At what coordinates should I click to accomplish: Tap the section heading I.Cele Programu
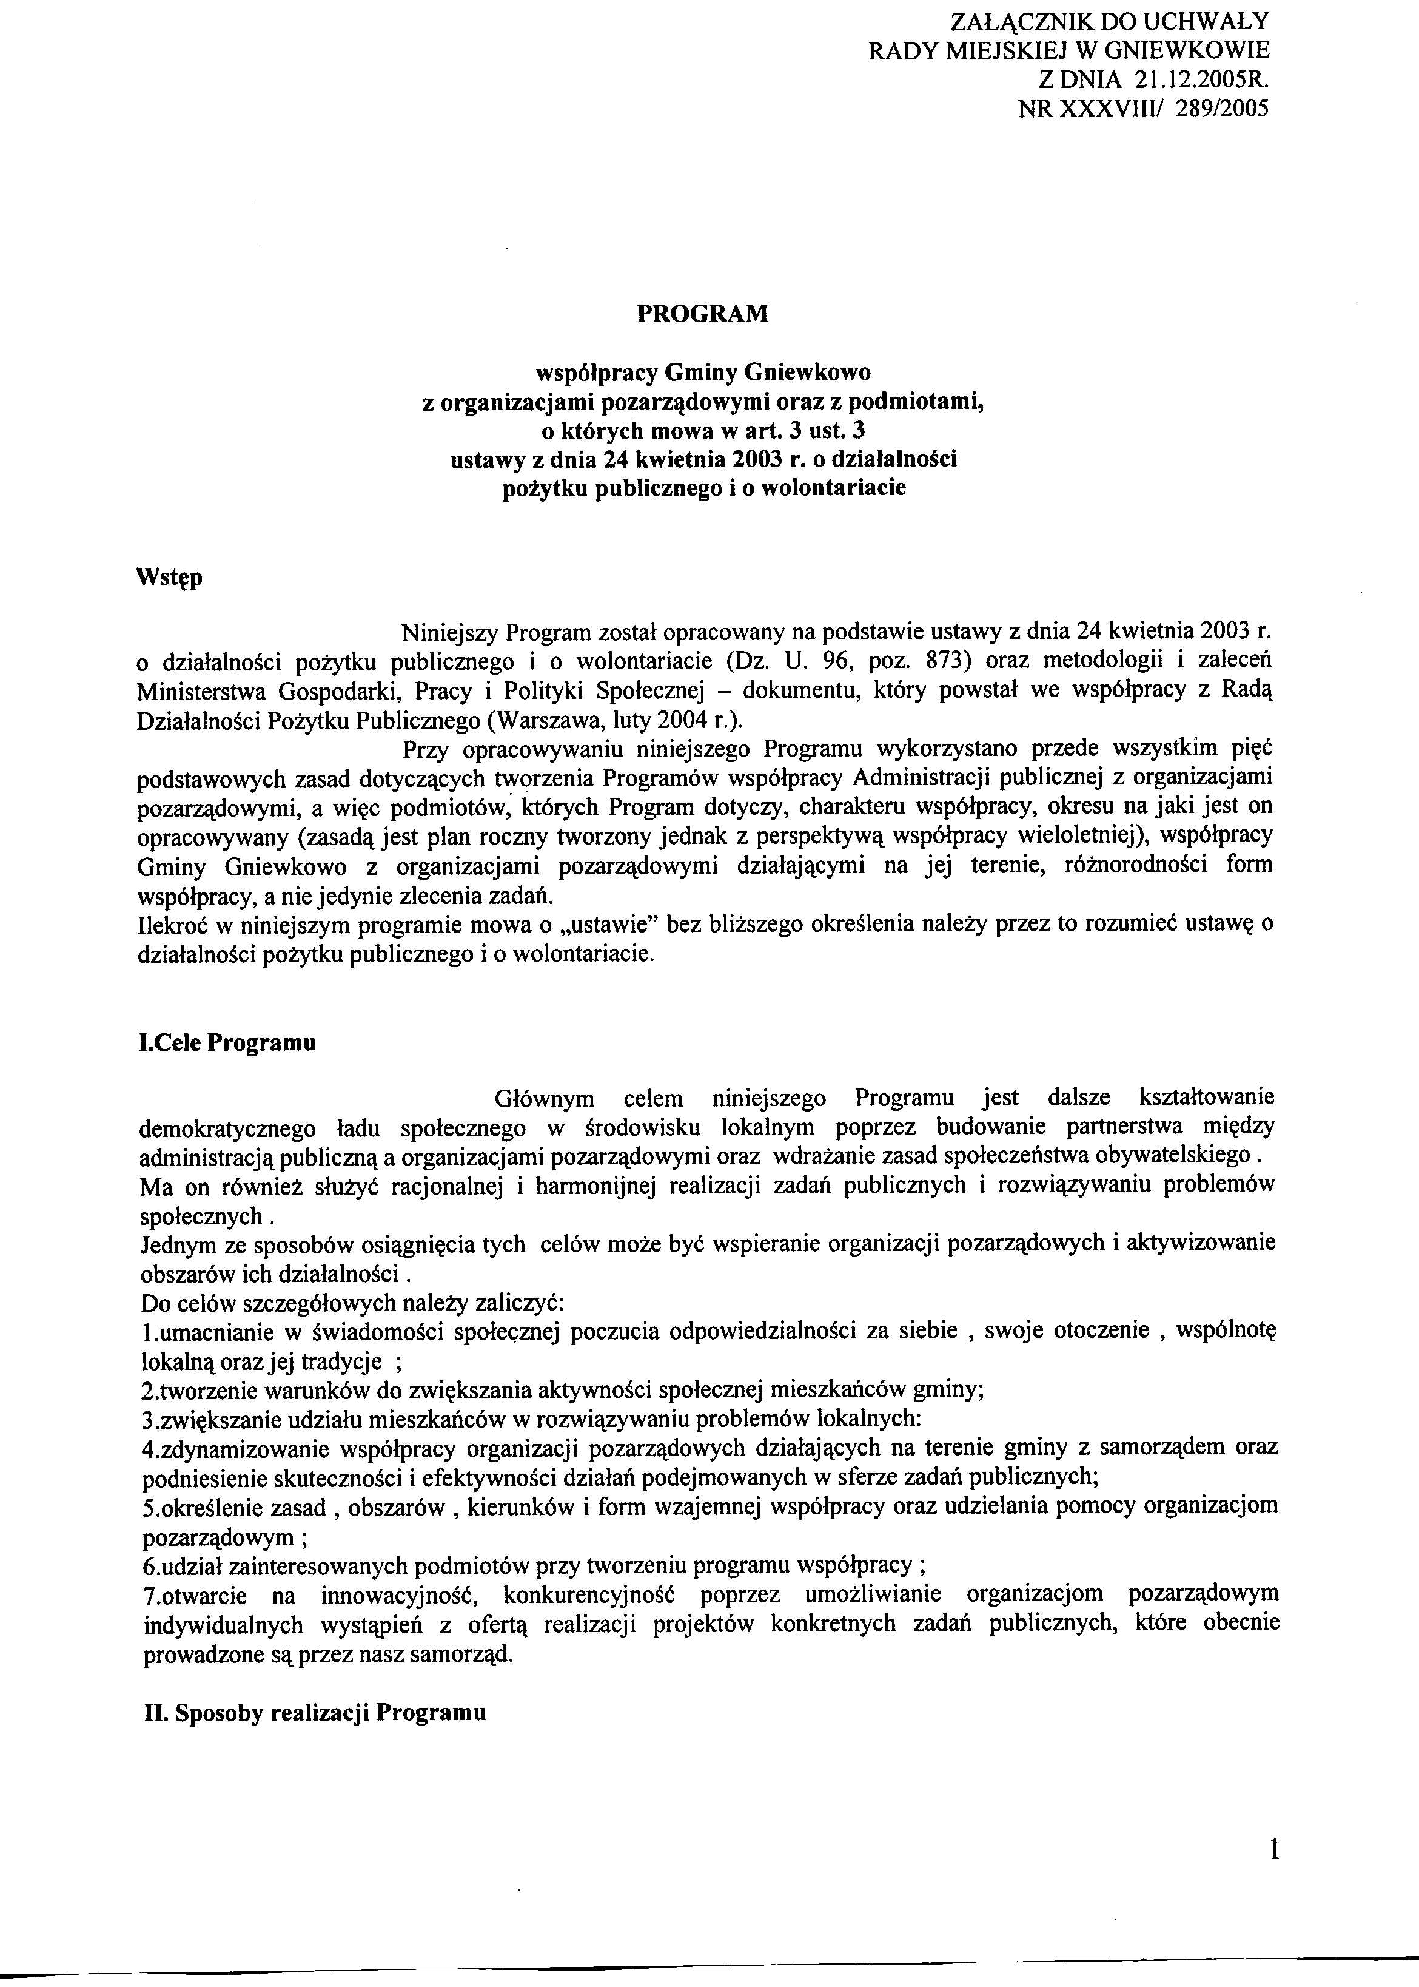click(x=227, y=1043)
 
